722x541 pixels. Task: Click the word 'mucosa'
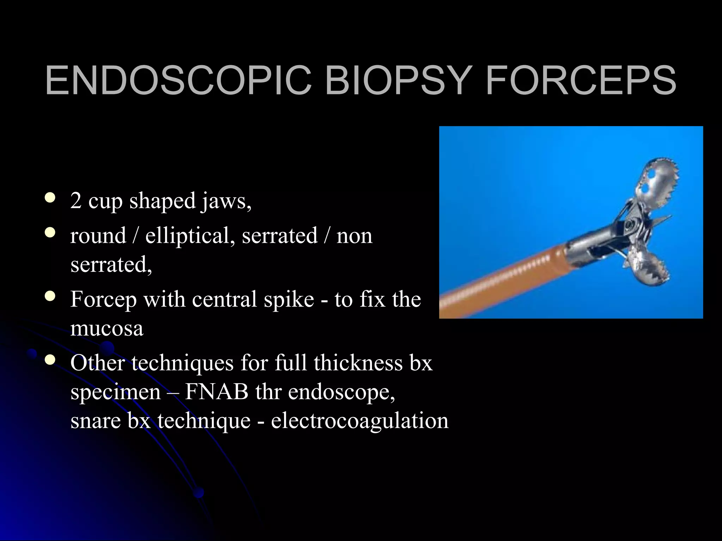coord(107,329)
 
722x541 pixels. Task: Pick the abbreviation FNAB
coord(216,392)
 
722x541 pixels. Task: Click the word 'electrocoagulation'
coord(360,421)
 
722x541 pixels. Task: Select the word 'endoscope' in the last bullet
coord(341,392)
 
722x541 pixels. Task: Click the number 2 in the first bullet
coord(76,201)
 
